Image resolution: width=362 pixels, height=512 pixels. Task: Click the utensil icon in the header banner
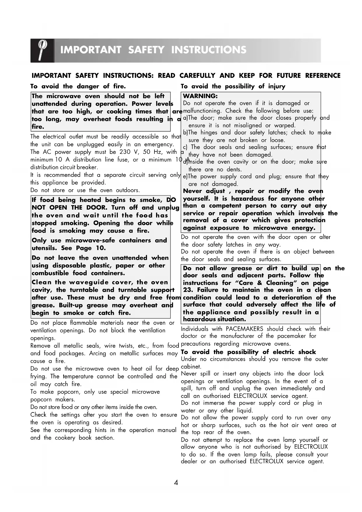pyautogui.click(x=42, y=50)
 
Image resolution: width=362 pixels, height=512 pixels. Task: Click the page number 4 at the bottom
pyautogui.click(x=176, y=482)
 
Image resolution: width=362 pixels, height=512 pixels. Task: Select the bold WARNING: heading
pyautogui.click(x=200, y=96)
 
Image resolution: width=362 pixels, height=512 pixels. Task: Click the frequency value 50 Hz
pyautogui.click(x=153, y=152)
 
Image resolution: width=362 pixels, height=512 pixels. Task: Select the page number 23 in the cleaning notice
pyautogui.click(x=188, y=290)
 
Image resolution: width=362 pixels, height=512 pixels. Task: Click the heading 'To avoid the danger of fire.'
pyautogui.click(x=78, y=86)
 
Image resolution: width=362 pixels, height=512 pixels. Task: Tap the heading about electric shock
pyautogui.click(x=248, y=352)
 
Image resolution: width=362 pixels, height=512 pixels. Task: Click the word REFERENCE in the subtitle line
pyautogui.click(x=323, y=76)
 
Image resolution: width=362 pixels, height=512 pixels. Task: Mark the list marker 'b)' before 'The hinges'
pyautogui.click(x=186, y=133)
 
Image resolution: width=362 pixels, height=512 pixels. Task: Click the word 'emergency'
pyautogui.click(x=158, y=144)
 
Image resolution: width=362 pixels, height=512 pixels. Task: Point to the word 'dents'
pyautogui.click(x=234, y=169)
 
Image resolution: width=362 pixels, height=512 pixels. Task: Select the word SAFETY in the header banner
pyautogui.click(x=146, y=50)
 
